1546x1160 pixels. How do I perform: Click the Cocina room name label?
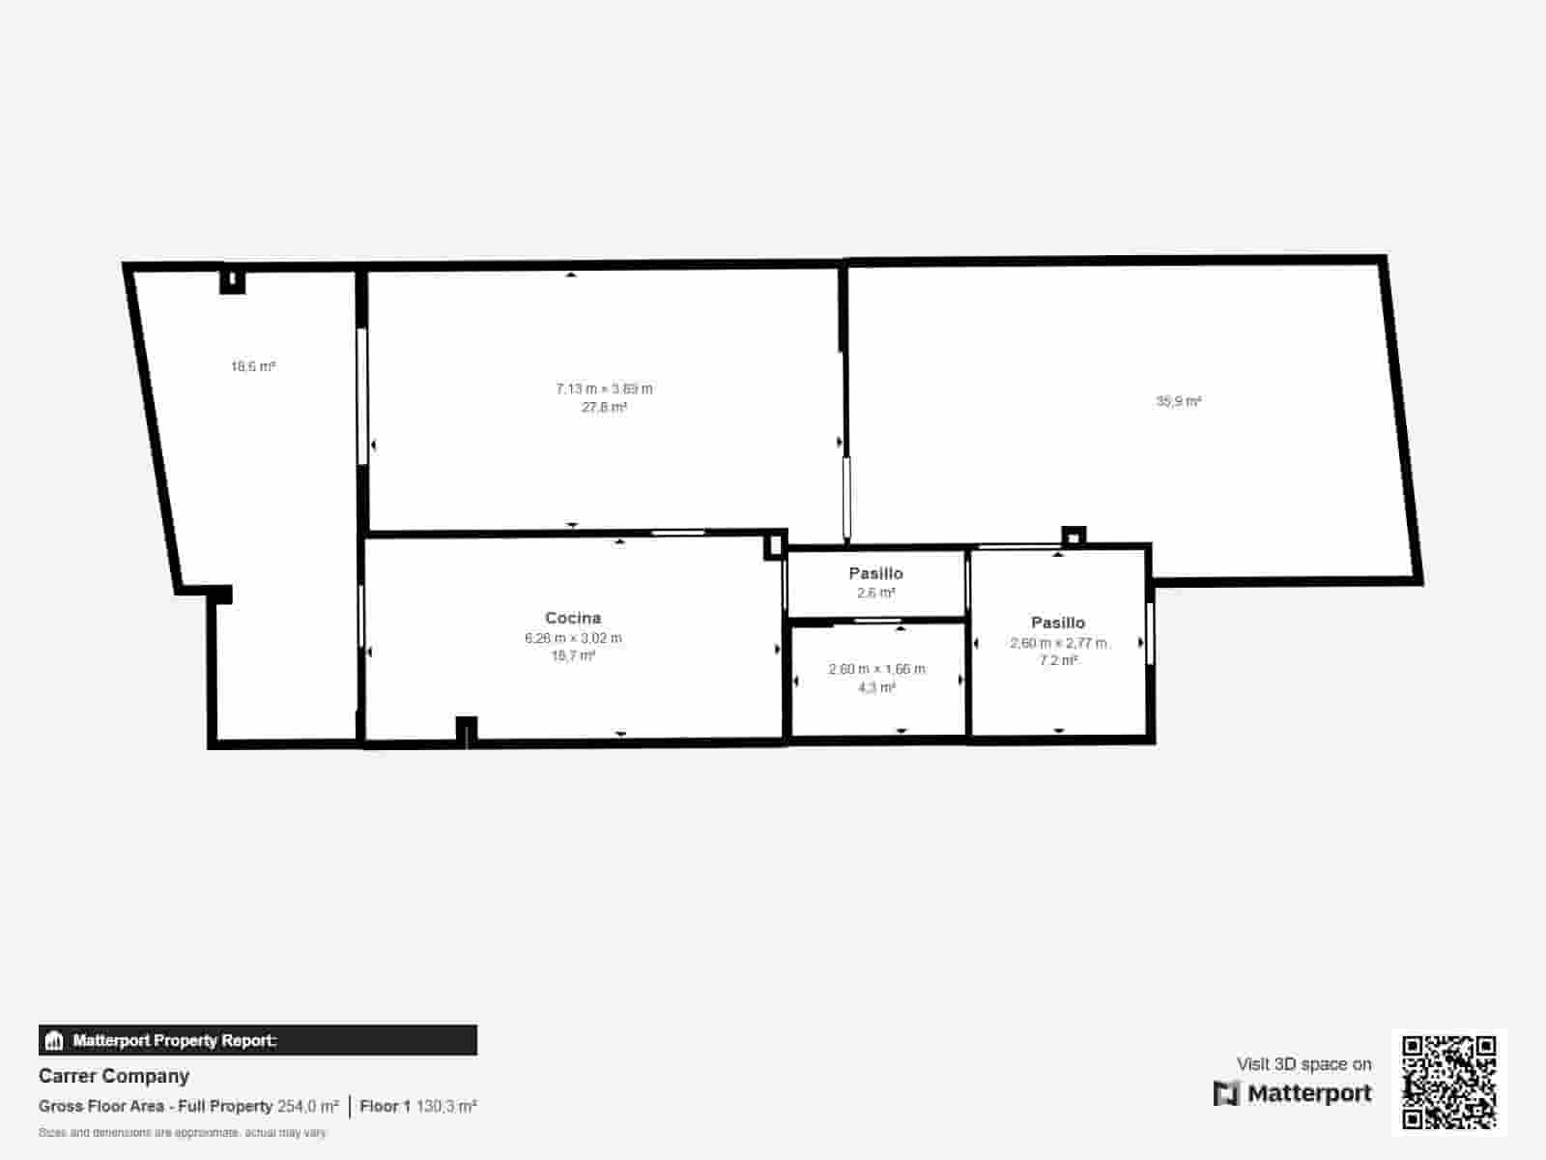[573, 618]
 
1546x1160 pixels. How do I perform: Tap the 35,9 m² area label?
[1178, 401]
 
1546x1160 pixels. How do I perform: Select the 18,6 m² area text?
[253, 366]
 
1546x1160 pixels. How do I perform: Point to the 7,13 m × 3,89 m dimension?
[604, 389]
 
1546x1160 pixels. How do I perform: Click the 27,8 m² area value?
[604, 407]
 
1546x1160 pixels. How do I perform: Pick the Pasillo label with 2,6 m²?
[875, 573]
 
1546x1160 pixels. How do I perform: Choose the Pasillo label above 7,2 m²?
[1058, 623]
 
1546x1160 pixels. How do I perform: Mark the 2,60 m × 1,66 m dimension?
[876, 669]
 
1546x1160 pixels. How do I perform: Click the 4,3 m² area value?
[876, 687]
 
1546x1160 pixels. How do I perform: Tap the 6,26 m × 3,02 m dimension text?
[573, 638]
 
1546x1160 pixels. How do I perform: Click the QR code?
[1449, 1082]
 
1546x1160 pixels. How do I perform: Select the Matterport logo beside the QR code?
[1292, 1093]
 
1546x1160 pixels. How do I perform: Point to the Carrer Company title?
[114, 1076]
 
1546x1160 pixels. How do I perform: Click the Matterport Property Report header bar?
[257, 1040]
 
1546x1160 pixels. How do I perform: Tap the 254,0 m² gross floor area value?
[308, 1106]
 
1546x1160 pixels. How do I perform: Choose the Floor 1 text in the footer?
[386, 1106]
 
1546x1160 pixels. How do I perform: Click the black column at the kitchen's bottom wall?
[467, 730]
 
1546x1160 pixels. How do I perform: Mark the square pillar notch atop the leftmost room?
[232, 280]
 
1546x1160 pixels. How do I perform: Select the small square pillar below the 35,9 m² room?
[1074, 536]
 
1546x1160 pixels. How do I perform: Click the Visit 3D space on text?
[1303, 1063]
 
